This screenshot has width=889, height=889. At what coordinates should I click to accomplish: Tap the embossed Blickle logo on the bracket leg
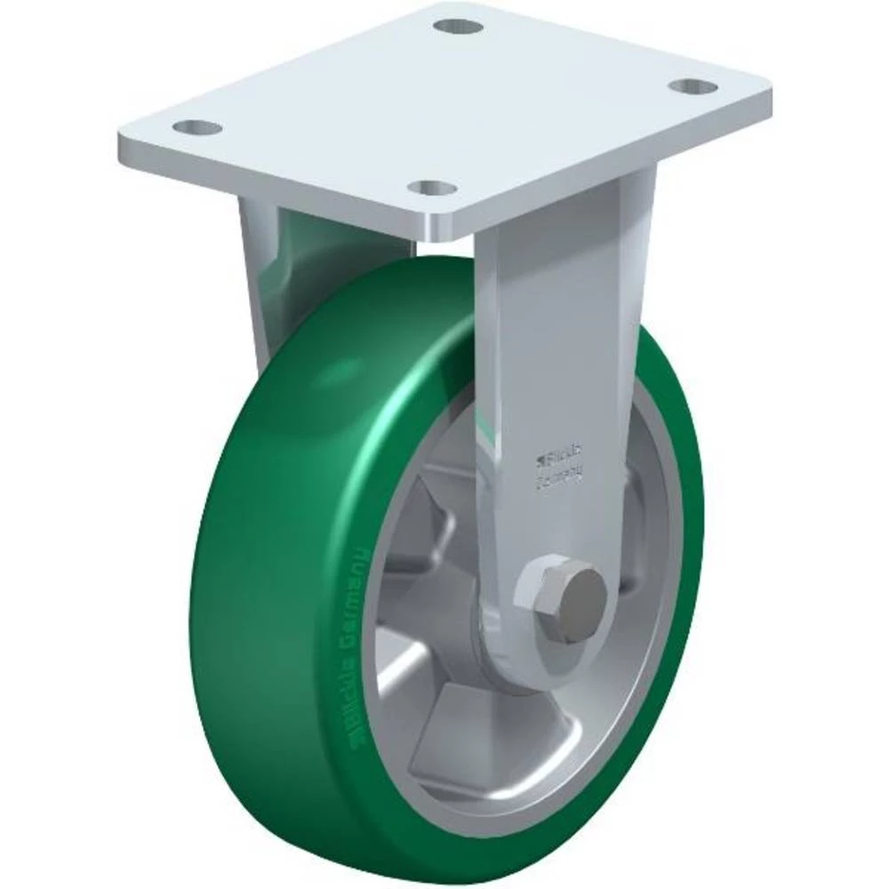tap(557, 460)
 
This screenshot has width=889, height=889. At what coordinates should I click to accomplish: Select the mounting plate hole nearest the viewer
tap(434, 188)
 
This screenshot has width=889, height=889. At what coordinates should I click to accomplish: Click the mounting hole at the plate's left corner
tap(196, 127)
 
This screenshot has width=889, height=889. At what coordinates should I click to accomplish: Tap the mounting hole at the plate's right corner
tap(693, 86)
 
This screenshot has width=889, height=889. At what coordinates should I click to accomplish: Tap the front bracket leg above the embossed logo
tap(556, 338)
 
